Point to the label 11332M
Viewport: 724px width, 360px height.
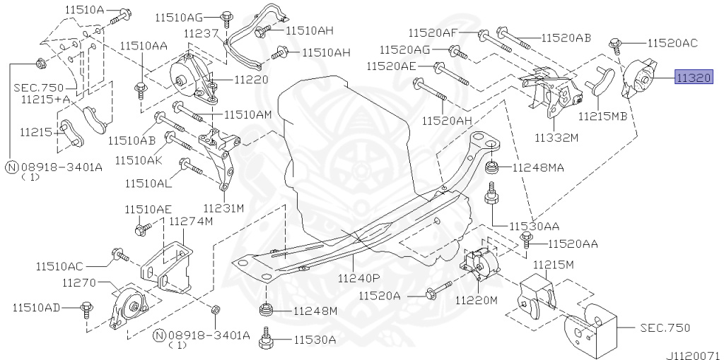point(555,138)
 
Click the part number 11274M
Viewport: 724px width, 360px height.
point(190,221)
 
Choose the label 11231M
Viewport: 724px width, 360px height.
point(223,208)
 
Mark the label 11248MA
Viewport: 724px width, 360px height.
point(538,168)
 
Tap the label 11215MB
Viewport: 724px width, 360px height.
point(602,116)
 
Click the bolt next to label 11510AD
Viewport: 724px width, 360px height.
point(87,307)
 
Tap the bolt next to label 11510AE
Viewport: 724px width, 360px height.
point(140,228)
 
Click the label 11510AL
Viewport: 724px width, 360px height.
point(148,183)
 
